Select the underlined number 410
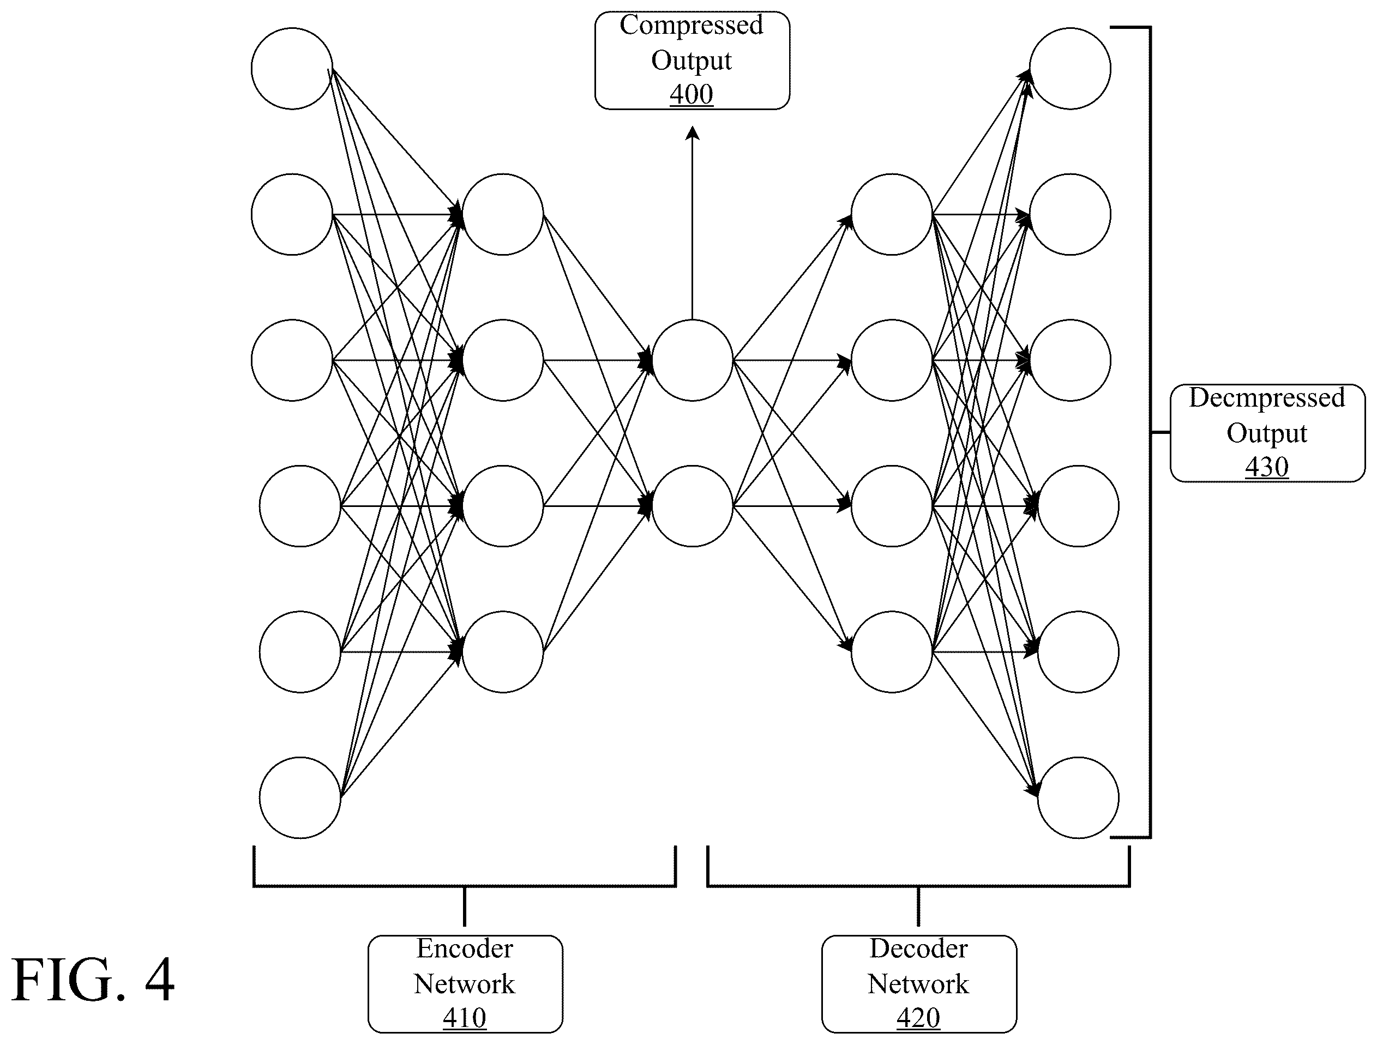point(465,1018)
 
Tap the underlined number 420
point(918,1018)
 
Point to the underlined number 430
point(1267,467)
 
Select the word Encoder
point(465,949)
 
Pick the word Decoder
point(918,949)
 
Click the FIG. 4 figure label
point(93,980)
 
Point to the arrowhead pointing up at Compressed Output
point(692,132)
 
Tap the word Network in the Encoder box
point(465,984)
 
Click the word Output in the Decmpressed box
point(1267,434)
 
